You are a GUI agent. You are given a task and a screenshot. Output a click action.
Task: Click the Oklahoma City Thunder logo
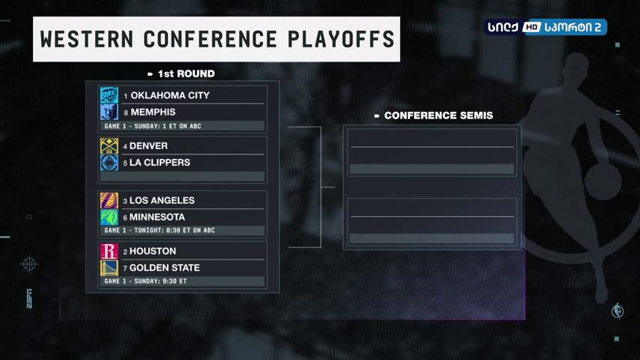point(109,95)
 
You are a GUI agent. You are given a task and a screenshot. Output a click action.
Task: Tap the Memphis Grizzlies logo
point(109,112)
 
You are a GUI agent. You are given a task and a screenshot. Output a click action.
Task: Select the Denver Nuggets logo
point(109,146)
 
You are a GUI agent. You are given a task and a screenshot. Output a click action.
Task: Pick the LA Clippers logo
point(109,163)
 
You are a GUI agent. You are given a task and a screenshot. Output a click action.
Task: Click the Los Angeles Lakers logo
point(109,201)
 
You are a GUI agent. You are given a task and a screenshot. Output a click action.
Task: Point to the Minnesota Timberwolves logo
point(109,217)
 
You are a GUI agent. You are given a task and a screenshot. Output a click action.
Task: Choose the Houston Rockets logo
point(109,251)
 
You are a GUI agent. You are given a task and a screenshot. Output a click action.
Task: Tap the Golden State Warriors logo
point(109,268)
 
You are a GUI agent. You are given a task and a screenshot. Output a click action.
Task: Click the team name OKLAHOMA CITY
point(170,95)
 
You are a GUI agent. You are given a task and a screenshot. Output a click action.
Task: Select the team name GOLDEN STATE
point(164,268)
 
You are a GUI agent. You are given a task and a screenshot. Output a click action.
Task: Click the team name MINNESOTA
point(157,217)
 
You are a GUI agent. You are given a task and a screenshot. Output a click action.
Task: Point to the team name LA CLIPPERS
point(160,162)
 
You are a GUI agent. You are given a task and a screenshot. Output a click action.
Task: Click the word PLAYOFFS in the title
point(341,40)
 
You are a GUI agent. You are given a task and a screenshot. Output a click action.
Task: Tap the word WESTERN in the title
point(87,40)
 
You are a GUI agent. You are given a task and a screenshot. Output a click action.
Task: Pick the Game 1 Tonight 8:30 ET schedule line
point(160,230)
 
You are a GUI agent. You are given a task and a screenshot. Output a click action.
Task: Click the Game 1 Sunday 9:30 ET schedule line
point(145,281)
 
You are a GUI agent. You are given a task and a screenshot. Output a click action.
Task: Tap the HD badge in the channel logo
point(531,27)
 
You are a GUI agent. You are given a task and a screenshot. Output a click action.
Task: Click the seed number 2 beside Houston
point(125,252)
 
